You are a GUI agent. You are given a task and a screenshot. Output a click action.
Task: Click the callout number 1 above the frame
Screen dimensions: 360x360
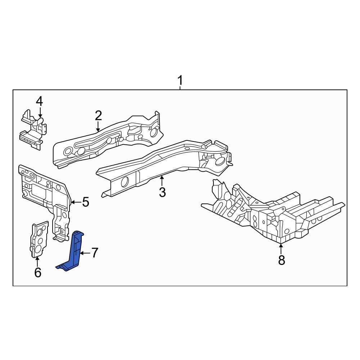[180, 80]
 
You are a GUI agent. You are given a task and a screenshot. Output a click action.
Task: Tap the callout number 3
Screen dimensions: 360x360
[162, 192]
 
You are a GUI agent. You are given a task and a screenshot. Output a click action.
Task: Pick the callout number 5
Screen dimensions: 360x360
[86, 202]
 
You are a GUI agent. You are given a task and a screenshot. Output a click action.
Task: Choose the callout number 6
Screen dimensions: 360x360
[38, 272]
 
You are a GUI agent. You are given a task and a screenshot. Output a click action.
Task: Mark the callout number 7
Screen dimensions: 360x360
[95, 253]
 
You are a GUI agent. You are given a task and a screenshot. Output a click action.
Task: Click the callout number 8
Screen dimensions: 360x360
[282, 260]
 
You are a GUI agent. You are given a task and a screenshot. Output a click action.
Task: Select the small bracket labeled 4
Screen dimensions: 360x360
[33, 130]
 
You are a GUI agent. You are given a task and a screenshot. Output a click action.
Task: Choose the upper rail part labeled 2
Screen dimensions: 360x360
[108, 140]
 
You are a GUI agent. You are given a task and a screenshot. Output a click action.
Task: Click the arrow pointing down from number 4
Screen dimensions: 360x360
[40, 113]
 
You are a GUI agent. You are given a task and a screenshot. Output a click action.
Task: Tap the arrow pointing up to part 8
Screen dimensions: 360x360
[280, 249]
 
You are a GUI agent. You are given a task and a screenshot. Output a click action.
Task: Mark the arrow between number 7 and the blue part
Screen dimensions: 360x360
[85, 253]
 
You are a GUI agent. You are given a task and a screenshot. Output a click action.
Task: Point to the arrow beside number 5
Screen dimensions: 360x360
[76, 202]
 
